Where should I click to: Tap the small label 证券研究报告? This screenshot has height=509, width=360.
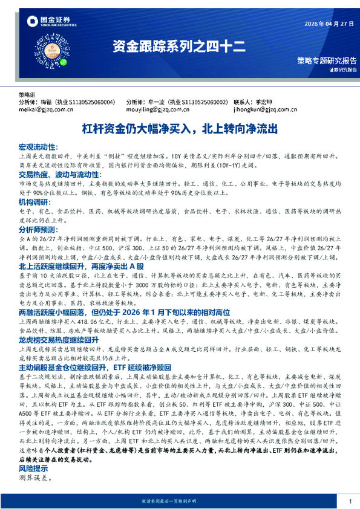(342, 70)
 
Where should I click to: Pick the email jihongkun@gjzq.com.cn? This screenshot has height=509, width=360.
(264, 110)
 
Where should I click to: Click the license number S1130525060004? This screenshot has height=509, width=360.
(88, 103)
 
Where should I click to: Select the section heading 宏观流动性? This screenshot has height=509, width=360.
(38, 147)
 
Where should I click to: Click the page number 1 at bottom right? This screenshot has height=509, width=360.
(350, 501)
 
